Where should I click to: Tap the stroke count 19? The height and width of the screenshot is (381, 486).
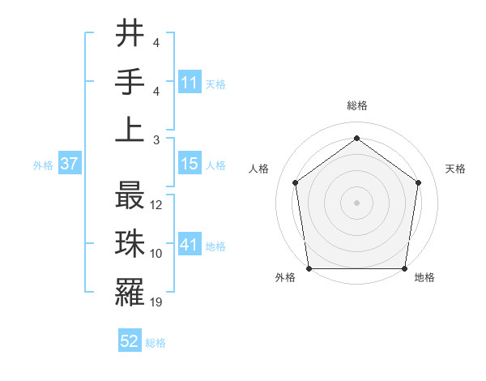coord(157,302)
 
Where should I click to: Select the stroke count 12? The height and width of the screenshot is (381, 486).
coord(157,205)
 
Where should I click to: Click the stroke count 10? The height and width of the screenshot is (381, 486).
coord(157,254)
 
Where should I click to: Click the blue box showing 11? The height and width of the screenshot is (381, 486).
coord(189,82)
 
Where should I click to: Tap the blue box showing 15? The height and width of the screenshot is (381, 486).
coord(189,164)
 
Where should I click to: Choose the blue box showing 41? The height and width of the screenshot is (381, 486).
coord(189,245)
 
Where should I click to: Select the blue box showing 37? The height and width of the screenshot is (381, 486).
coord(69,164)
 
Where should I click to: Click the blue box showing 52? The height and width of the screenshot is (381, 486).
coord(130,342)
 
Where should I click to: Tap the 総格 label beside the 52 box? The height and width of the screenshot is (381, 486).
coord(156,343)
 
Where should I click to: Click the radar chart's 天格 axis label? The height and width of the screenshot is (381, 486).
coord(455,169)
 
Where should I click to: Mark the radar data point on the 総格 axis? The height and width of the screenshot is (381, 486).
coord(356,138)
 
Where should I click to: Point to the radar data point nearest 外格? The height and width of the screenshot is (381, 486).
coord(309,268)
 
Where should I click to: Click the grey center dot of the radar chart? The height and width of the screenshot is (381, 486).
coord(356,202)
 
